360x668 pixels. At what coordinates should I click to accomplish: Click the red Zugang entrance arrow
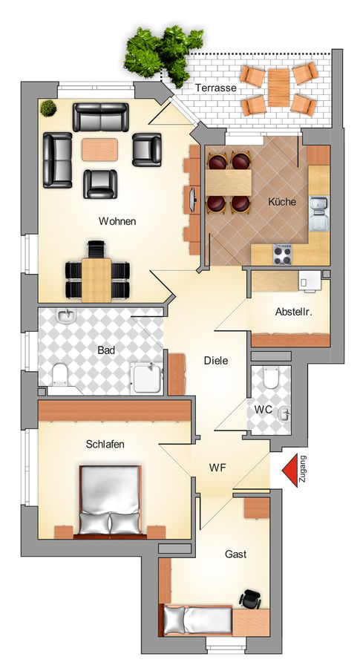point(290,471)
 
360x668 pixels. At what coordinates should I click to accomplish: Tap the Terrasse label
point(215,88)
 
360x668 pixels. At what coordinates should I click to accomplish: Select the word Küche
point(281,201)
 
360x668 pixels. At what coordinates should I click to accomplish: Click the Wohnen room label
point(117,221)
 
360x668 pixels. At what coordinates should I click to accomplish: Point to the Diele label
point(216,361)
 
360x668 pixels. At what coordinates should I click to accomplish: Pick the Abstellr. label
point(294,312)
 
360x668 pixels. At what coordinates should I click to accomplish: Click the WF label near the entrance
point(217,468)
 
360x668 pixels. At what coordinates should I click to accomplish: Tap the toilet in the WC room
point(270,377)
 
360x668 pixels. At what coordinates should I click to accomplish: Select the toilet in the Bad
point(61,373)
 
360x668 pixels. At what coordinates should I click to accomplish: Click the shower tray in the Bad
point(146,378)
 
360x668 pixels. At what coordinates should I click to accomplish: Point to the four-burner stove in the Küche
point(282,255)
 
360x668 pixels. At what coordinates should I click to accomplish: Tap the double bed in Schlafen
point(111,500)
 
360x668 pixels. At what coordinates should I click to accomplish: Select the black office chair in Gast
point(250,600)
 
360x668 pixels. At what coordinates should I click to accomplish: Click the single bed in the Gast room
point(197,620)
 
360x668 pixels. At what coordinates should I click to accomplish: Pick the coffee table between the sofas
point(99,149)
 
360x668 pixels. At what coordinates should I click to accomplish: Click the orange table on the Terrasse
point(279,88)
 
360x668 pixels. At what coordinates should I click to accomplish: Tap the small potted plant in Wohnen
point(48,108)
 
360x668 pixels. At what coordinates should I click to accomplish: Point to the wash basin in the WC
point(284,413)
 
